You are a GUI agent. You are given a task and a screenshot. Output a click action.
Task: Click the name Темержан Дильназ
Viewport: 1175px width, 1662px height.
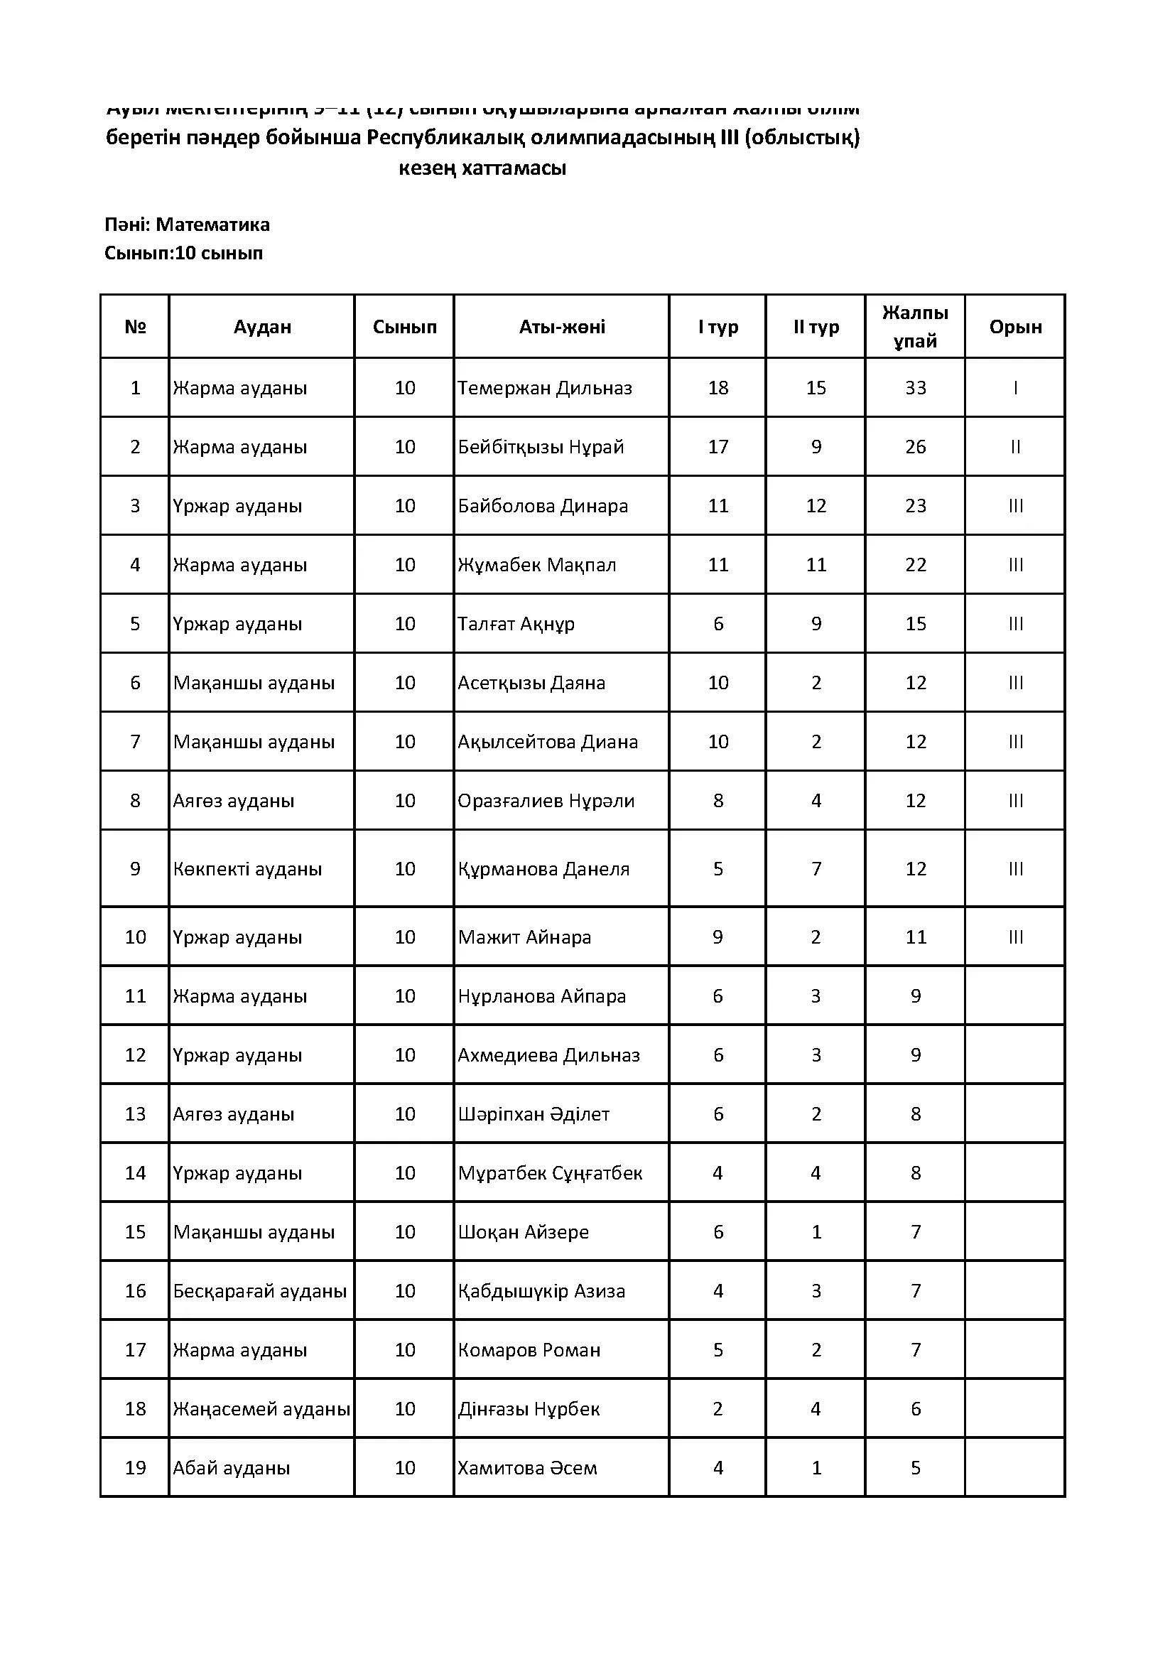(x=544, y=388)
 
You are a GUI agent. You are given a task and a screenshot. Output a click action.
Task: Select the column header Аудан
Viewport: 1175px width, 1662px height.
(x=262, y=327)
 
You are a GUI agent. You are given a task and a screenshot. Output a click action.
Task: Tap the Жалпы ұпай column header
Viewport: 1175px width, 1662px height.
(x=915, y=326)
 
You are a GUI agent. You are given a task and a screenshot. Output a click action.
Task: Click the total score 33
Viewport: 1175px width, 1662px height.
(x=915, y=388)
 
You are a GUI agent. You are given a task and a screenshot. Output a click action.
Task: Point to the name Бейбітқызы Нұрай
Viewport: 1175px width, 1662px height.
(x=541, y=447)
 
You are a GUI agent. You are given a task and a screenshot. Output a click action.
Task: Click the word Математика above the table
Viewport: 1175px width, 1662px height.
(x=212, y=225)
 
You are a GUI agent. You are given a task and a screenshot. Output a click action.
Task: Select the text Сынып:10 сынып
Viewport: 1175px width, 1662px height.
(x=184, y=254)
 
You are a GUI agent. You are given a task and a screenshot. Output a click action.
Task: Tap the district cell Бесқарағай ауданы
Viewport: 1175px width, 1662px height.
(x=260, y=1290)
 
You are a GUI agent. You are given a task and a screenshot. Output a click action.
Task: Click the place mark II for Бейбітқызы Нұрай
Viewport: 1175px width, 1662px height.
(x=1015, y=448)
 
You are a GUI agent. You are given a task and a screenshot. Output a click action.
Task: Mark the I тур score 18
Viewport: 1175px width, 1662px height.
(x=718, y=388)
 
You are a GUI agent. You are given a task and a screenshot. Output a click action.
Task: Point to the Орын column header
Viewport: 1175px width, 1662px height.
(x=1015, y=327)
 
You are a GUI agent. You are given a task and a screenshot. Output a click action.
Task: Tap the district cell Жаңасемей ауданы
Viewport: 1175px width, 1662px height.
(x=261, y=1408)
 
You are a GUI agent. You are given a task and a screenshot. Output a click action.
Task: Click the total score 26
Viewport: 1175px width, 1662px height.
(x=915, y=447)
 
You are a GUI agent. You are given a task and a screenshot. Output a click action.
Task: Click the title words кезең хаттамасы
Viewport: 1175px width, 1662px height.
(x=482, y=168)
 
